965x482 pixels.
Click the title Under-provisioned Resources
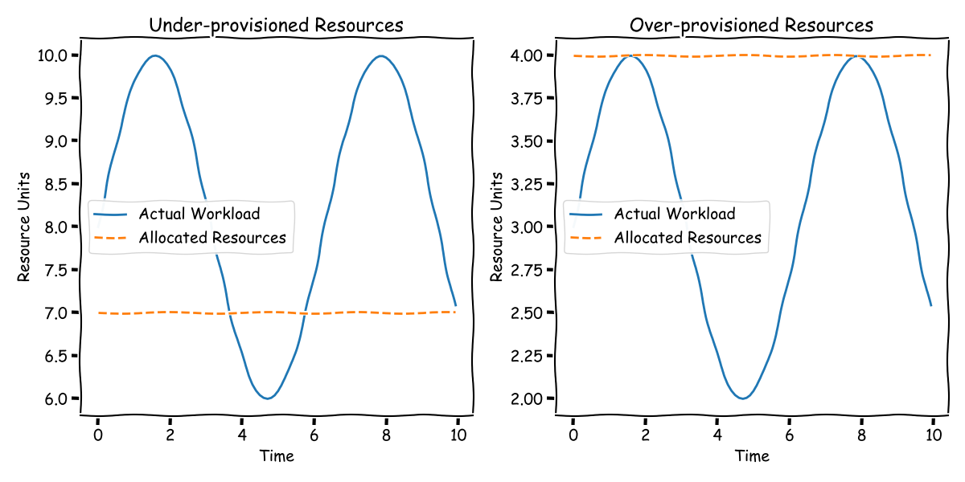[x=277, y=26]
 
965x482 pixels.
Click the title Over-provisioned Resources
[x=751, y=26]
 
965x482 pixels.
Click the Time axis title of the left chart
[x=277, y=456]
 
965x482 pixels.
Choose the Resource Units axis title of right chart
[x=498, y=227]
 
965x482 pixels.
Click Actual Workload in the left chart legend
[x=199, y=214]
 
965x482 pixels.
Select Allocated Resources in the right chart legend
[x=688, y=238]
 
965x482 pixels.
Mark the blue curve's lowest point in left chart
[x=268, y=398]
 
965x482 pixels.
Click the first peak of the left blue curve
[x=154, y=55]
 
